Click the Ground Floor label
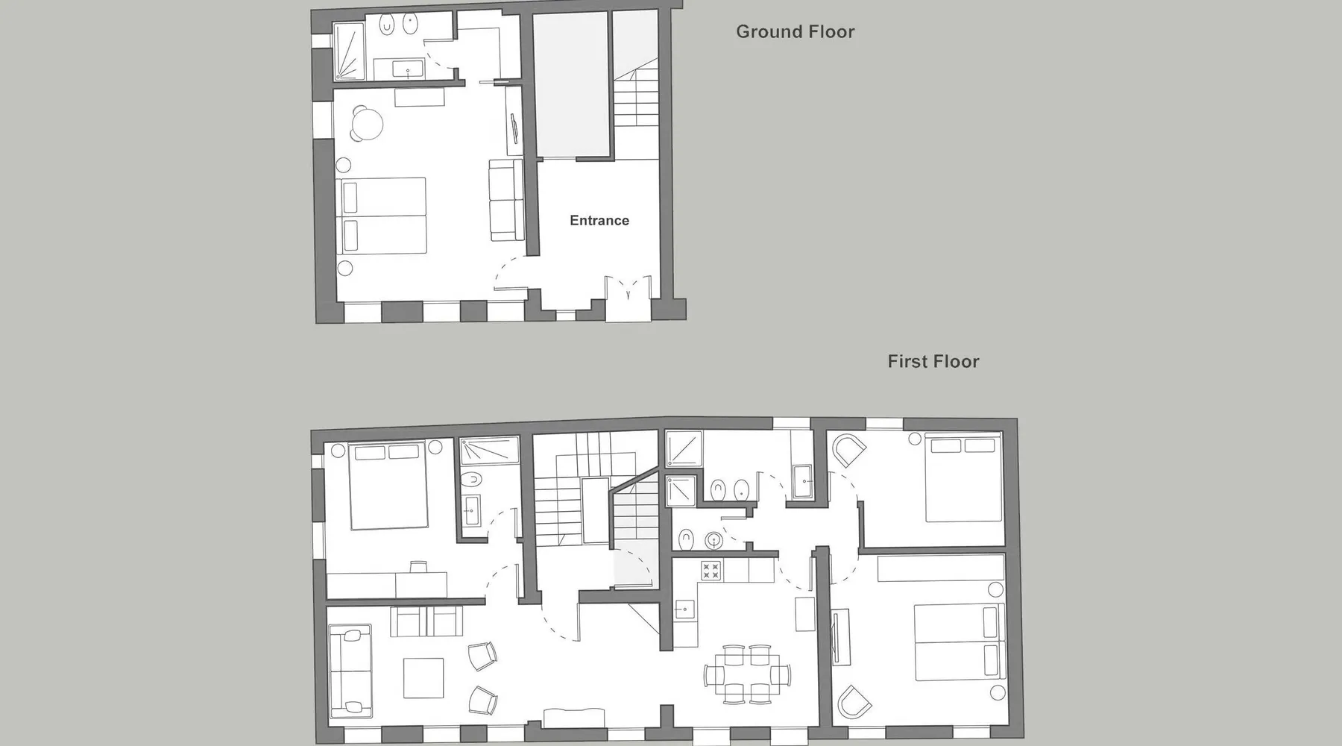795,32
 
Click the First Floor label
933,362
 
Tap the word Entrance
599,220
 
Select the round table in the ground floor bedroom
367,124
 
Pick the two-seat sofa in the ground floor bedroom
505,200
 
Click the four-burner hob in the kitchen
711,571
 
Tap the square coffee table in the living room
423,677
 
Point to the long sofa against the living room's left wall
350,670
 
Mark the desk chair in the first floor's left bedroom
418,566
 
